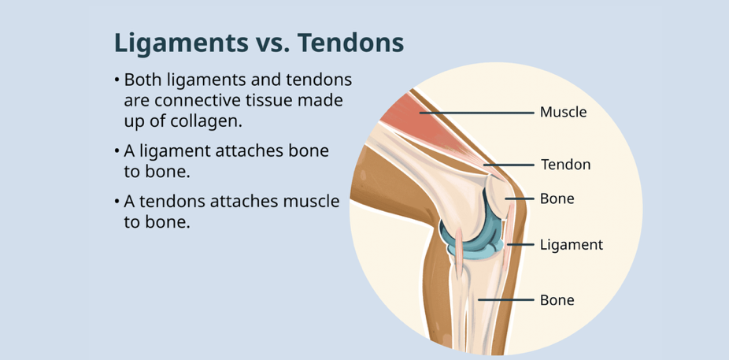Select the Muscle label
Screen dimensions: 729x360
pyautogui.click(x=563, y=113)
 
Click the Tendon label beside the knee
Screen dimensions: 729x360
pyautogui.click(x=565, y=165)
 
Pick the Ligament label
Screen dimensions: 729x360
pyautogui.click(x=572, y=245)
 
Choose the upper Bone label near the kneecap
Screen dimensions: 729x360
pyautogui.click(x=557, y=199)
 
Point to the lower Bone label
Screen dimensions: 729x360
pyautogui.click(x=557, y=300)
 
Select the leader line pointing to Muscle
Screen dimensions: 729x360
pyautogui.click(x=476, y=113)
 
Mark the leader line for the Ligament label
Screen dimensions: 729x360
pyautogui.click(x=520, y=245)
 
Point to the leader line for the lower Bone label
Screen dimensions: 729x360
pyautogui.click(x=506, y=300)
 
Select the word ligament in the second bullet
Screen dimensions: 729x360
pyautogui.click(x=166, y=152)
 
